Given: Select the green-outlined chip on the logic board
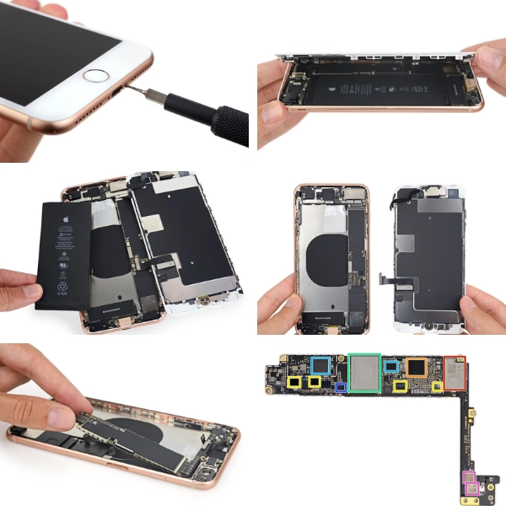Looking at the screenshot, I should pos(364,374).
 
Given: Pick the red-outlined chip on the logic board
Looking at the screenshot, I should pos(455,374).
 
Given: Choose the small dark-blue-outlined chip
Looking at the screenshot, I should pos(341,388).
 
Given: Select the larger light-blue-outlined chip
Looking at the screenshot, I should pos(320,365).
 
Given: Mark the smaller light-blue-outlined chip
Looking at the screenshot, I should pos(391,366).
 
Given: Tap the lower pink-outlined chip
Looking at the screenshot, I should pos(471,488).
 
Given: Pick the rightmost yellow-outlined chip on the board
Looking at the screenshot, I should pos(438,387).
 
